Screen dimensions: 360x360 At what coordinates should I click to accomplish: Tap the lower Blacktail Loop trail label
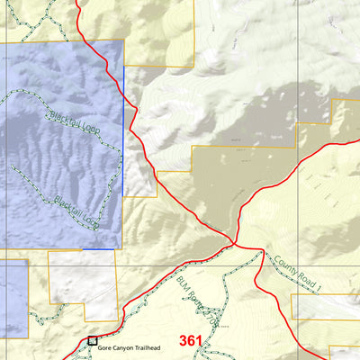click(x=75, y=209)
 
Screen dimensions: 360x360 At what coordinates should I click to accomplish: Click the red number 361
click(x=191, y=340)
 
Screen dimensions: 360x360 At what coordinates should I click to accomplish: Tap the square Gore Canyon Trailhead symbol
click(x=92, y=341)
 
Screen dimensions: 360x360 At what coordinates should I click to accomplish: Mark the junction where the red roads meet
click(x=234, y=243)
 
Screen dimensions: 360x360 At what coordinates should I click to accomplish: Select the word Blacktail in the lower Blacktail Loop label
click(x=67, y=204)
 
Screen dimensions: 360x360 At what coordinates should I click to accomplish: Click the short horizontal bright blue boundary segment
click(x=99, y=249)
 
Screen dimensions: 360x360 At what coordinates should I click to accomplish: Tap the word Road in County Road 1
click(x=303, y=275)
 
